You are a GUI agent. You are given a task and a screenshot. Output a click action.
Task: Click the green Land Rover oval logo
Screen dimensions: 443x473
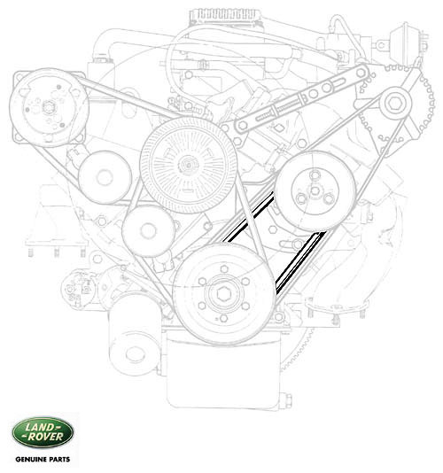[43, 432]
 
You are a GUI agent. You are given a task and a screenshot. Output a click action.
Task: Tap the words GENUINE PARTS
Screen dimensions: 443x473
[43, 460]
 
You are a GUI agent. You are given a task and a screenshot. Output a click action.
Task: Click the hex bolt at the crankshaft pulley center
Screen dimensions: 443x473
[223, 293]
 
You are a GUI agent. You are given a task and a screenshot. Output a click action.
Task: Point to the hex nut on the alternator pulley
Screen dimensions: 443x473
[395, 104]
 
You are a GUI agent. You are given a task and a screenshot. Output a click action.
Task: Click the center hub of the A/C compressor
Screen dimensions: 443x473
[48, 107]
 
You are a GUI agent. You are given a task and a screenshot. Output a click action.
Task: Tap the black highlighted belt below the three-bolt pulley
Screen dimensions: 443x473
[301, 262]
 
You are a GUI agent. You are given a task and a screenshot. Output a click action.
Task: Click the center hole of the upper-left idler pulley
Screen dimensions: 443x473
[105, 177]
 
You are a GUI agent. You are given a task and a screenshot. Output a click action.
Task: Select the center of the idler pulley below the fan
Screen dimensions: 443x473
[148, 231]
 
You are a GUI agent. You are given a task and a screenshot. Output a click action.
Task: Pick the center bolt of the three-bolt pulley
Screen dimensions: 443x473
[315, 190]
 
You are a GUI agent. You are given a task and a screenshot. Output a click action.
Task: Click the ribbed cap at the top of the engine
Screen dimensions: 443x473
[225, 14]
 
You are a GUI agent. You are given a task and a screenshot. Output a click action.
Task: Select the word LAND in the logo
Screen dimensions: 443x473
[43, 427]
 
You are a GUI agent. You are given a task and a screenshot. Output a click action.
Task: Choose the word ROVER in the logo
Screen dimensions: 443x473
[44, 437]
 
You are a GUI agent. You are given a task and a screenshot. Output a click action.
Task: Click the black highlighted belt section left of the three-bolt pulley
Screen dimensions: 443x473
[248, 217]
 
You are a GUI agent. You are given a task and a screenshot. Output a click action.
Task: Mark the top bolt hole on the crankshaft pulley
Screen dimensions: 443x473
[223, 268]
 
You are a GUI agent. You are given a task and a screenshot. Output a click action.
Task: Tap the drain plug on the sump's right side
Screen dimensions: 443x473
[287, 400]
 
